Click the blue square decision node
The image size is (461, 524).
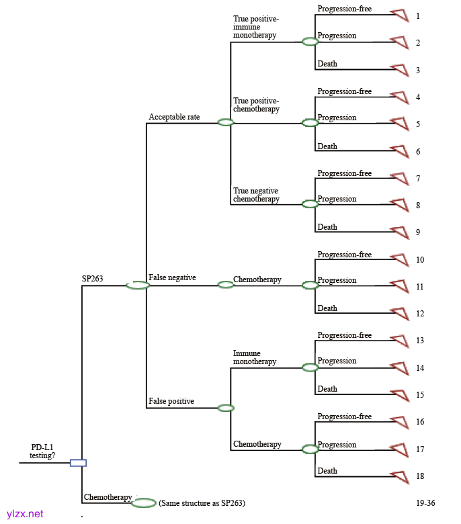(x=79, y=462)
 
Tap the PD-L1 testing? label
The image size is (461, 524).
(x=43, y=451)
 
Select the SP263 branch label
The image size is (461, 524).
(x=93, y=277)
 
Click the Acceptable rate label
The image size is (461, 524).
(x=174, y=117)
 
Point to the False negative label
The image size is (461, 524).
(x=172, y=277)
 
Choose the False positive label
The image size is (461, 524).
(x=171, y=401)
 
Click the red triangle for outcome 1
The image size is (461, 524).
(x=401, y=15)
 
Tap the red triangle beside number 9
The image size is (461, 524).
(x=401, y=232)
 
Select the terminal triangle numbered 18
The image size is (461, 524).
(x=401, y=476)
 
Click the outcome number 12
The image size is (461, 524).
(x=420, y=314)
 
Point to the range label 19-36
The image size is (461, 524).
(x=425, y=503)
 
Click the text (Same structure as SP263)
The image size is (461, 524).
(x=202, y=503)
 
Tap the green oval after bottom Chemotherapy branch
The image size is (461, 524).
(x=144, y=503)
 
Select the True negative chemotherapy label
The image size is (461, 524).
(x=256, y=195)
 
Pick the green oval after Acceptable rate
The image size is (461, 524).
(x=226, y=122)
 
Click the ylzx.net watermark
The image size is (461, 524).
(x=25, y=513)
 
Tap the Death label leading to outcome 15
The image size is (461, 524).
(x=327, y=389)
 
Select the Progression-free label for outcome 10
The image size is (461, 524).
(x=344, y=255)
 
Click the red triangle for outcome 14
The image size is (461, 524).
(x=401, y=368)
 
